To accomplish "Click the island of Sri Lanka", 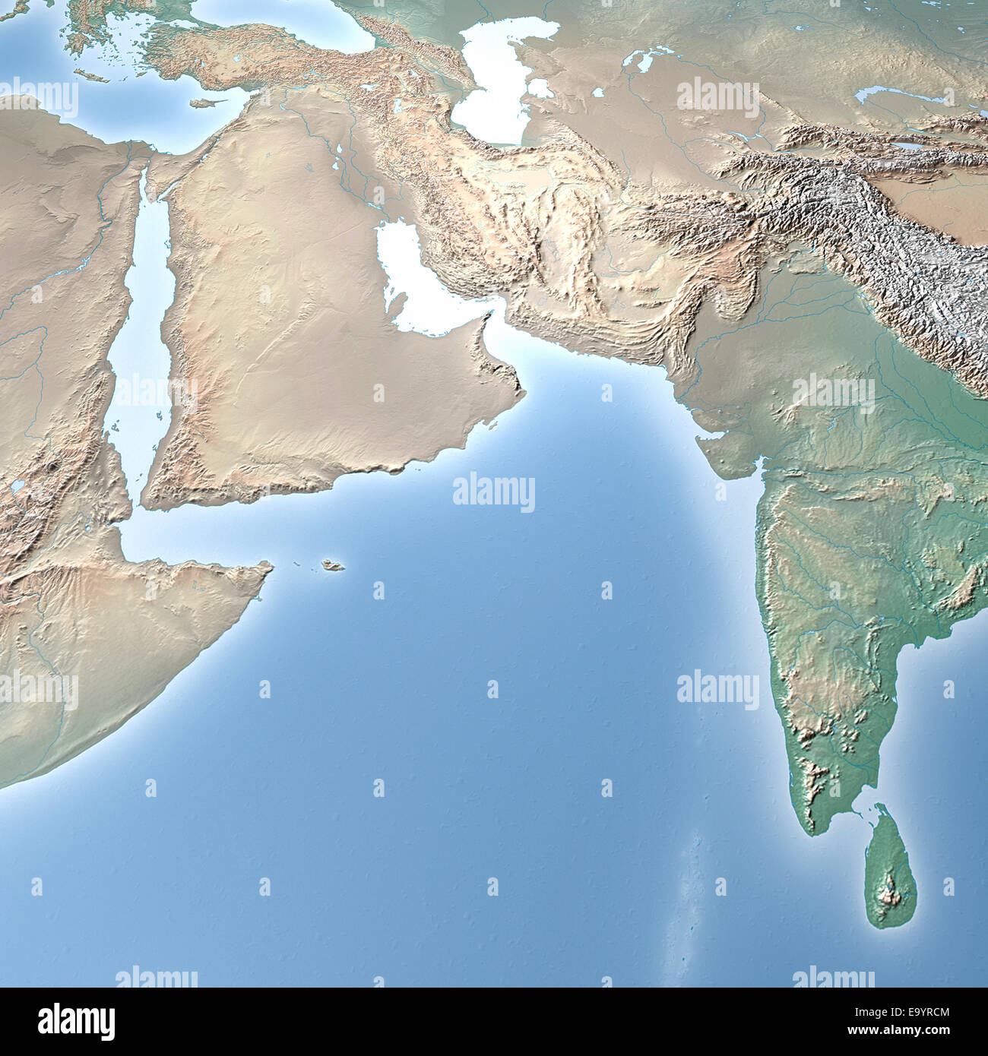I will coord(891,866).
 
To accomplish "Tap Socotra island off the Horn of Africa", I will coord(332,565).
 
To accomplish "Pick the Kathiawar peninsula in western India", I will coord(726,456).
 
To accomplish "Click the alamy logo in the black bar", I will coord(77,1022).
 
